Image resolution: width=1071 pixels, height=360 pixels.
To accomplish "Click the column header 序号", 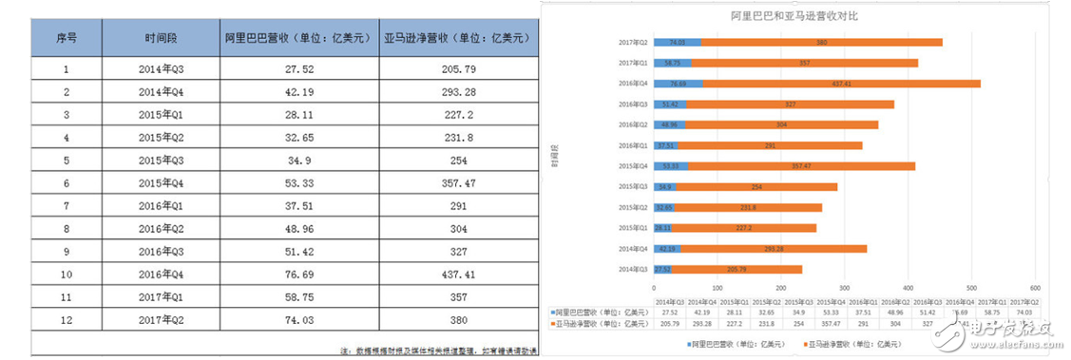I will (67, 39).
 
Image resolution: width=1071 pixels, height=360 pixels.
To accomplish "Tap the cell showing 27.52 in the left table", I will (299, 69).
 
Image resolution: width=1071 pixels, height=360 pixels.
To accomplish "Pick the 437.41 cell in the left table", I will (456, 275).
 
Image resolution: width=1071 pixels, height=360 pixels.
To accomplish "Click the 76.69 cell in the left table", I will (299, 275).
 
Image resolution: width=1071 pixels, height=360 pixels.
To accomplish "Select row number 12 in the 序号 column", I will (67, 321).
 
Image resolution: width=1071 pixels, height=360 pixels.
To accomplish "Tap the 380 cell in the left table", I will (456, 321).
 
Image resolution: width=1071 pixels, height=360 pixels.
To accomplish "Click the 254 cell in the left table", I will (456, 161).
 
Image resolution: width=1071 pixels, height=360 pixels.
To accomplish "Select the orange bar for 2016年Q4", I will (841, 84).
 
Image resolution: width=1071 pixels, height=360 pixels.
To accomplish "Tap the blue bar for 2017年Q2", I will (678, 42).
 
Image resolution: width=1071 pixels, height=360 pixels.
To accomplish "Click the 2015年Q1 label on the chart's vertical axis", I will (632, 228).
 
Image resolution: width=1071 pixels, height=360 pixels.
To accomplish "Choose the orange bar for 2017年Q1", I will (805, 63).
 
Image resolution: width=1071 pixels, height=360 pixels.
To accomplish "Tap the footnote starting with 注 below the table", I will (437, 351).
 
